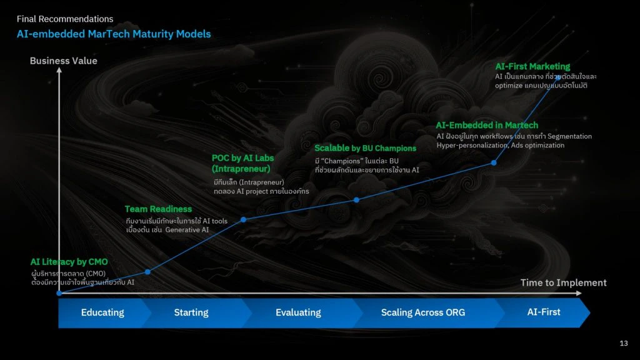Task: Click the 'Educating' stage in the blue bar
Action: pos(102,312)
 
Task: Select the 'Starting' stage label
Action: pos(191,312)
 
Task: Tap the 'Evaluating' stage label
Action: pos(298,312)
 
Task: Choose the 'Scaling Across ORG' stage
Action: pos(423,312)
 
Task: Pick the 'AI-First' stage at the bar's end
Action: pos(544,312)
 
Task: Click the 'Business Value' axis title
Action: pos(64,61)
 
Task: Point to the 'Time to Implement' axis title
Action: pos(563,282)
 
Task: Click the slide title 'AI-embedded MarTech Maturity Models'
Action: pos(114,34)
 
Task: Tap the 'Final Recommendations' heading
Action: pos(65,19)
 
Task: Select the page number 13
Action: pos(624,343)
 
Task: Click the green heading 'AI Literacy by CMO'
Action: pos(69,262)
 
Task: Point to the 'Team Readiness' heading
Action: pos(158,209)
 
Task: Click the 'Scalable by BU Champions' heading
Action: pos(365,148)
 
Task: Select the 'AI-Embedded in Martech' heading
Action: pos(487,125)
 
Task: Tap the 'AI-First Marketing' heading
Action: pos(532,66)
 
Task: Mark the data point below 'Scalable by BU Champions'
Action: pos(356,200)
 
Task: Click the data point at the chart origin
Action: pos(59,293)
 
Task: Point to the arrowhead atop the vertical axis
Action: pos(59,70)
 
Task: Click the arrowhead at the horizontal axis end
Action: pos(579,293)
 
